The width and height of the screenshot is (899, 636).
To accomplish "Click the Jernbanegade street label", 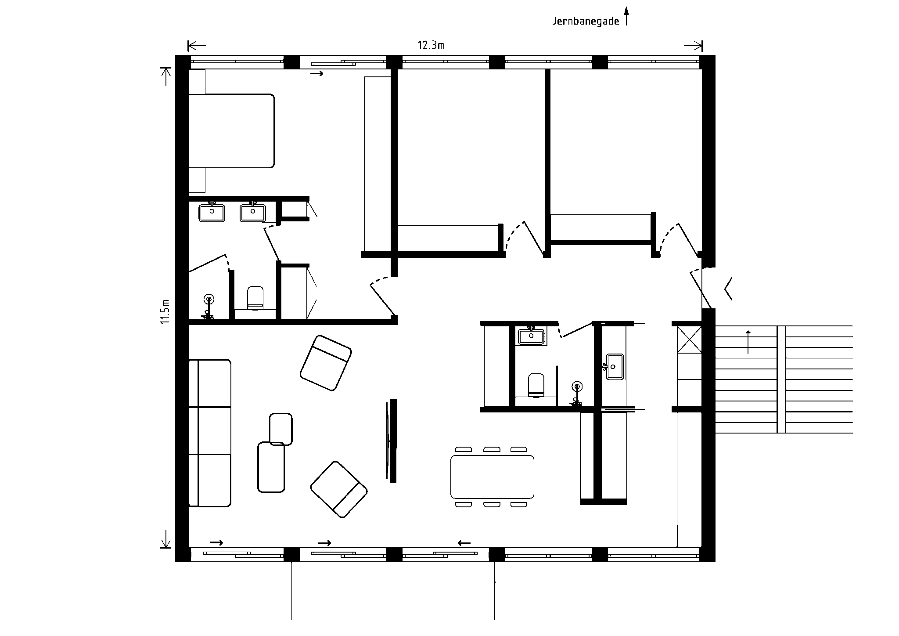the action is (586, 21).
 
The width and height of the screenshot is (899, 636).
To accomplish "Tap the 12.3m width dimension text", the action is (431, 45).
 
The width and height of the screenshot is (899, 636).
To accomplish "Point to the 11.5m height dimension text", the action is (165, 311).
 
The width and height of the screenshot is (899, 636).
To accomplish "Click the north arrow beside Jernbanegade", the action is (626, 16).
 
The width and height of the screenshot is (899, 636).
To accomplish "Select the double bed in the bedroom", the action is (231, 130).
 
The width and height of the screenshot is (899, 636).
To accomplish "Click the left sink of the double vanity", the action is (212, 213).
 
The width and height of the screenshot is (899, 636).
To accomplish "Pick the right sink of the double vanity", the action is (253, 213).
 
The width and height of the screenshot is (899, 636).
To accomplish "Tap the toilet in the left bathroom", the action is (255, 298).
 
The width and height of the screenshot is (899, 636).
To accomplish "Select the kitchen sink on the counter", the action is (615, 366).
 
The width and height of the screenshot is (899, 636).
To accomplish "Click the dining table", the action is (493, 477).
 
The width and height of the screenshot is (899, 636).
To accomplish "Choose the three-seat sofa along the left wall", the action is (210, 433).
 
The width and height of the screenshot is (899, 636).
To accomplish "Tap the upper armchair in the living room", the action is (326, 363).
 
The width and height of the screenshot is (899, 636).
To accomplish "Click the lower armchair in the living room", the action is (339, 489).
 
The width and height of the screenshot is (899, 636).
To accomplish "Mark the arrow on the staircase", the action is (748, 342).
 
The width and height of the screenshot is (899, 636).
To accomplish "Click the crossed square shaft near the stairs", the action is (689, 339).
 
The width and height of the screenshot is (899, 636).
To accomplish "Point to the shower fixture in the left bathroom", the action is (209, 306).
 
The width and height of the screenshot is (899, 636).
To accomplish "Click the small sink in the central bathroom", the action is (532, 336).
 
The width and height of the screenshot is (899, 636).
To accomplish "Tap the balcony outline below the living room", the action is (393, 620).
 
